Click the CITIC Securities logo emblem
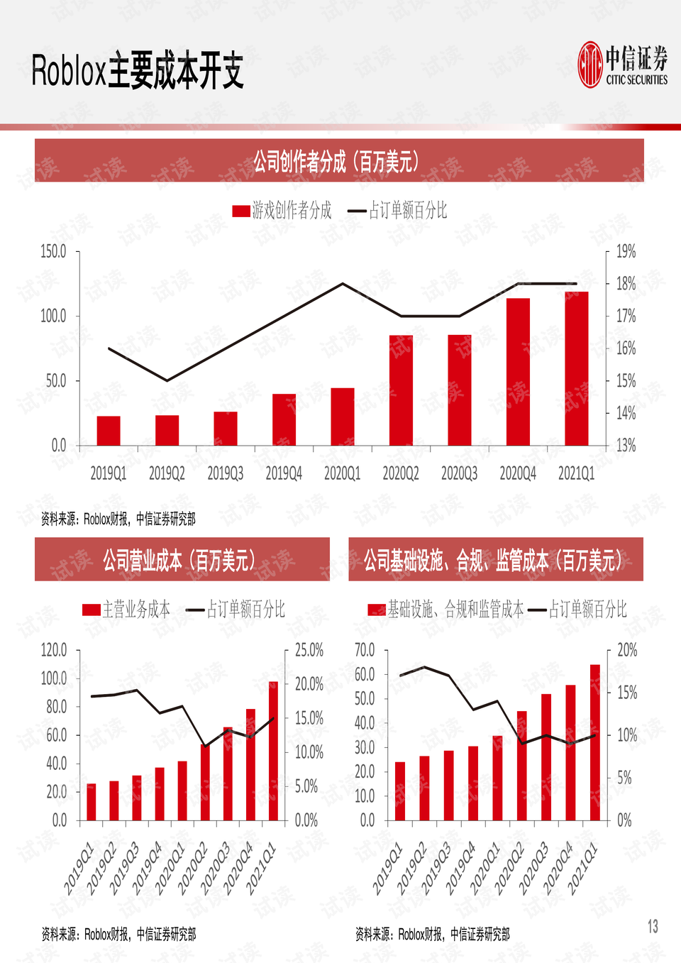590,65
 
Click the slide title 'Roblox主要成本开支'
138,72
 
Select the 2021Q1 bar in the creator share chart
577,368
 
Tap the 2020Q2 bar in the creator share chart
401,390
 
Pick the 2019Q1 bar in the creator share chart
109,431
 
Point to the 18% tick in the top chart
626,284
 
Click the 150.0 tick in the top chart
54,251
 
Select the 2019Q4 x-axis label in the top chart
284,473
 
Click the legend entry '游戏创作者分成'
282,211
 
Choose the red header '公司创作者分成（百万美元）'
339,161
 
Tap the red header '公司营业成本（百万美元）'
182,559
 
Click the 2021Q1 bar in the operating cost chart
273,751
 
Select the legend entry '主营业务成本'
126,610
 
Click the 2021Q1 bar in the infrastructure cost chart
595,742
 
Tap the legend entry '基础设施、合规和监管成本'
445,610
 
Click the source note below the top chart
118,519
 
